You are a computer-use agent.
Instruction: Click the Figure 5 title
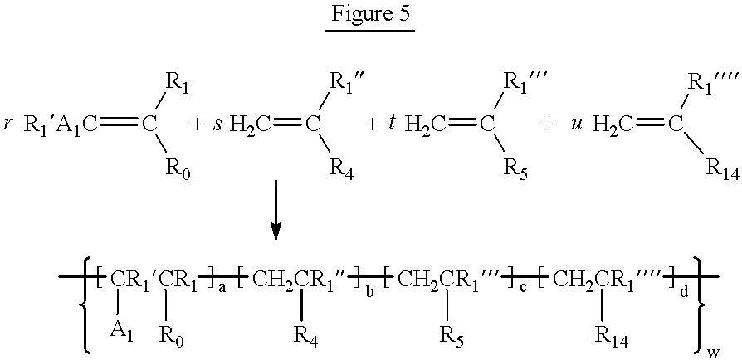(x=370, y=14)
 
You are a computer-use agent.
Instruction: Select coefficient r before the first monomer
(x=7, y=126)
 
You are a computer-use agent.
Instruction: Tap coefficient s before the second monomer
(x=217, y=127)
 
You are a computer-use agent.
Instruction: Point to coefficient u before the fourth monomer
(x=574, y=127)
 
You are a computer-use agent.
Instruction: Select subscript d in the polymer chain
(x=683, y=290)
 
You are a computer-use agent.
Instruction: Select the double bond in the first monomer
(x=116, y=125)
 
